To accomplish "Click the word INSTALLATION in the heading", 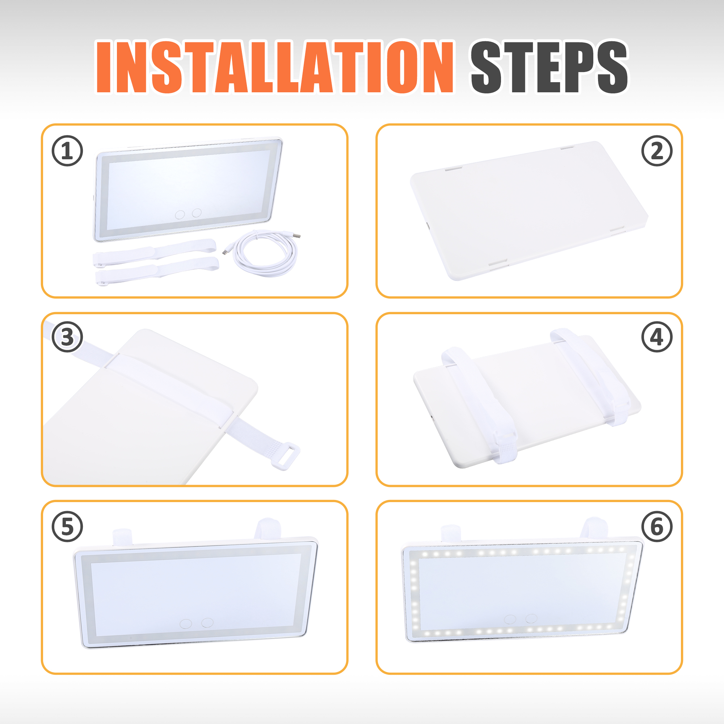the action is click(x=275, y=67).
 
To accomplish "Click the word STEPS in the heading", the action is click(x=549, y=67).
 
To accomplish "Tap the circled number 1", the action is click(x=67, y=151).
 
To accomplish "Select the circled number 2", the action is click(x=657, y=151).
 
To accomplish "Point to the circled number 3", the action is click(x=67, y=337).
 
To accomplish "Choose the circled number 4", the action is click(x=657, y=337).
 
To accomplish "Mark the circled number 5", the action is click(x=67, y=526).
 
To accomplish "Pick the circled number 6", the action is click(x=657, y=526).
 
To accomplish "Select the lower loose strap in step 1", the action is click(x=157, y=271).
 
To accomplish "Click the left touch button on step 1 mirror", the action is click(x=180, y=215).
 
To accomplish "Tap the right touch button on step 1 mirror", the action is click(x=197, y=213).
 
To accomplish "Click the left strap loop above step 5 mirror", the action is click(x=122, y=537).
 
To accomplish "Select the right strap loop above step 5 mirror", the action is click(x=268, y=529).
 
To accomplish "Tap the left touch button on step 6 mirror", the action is click(x=510, y=619).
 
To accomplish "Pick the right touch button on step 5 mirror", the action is click(x=207, y=622).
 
